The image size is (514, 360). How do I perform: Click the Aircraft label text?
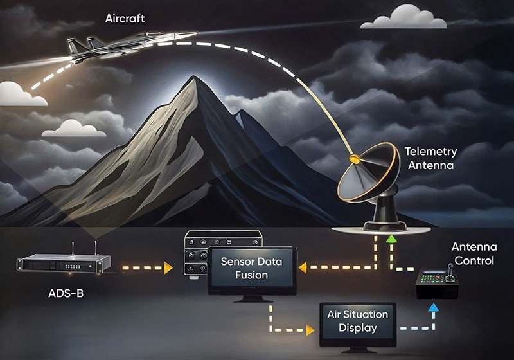[125, 18]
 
